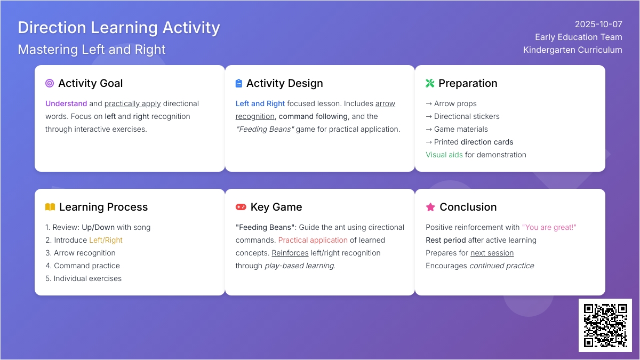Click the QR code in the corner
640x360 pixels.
(605, 325)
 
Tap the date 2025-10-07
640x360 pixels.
(598, 25)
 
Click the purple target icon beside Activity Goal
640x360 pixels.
(50, 83)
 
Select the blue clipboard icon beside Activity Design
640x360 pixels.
(238, 83)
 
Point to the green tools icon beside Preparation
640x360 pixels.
(430, 83)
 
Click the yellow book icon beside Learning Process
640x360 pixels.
(50, 207)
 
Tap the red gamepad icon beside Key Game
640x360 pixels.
(241, 207)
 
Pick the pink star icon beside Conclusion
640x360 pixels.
(430, 207)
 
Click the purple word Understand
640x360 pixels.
(66, 103)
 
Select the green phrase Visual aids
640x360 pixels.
(444, 155)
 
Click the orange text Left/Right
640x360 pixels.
(106, 240)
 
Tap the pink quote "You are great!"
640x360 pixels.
(549, 227)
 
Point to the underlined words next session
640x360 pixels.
(492, 253)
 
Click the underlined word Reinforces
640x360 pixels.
(290, 253)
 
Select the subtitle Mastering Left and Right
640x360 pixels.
(91, 50)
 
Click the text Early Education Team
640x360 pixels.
(579, 37)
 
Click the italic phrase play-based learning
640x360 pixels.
(300, 266)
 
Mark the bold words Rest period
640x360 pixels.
(446, 240)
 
